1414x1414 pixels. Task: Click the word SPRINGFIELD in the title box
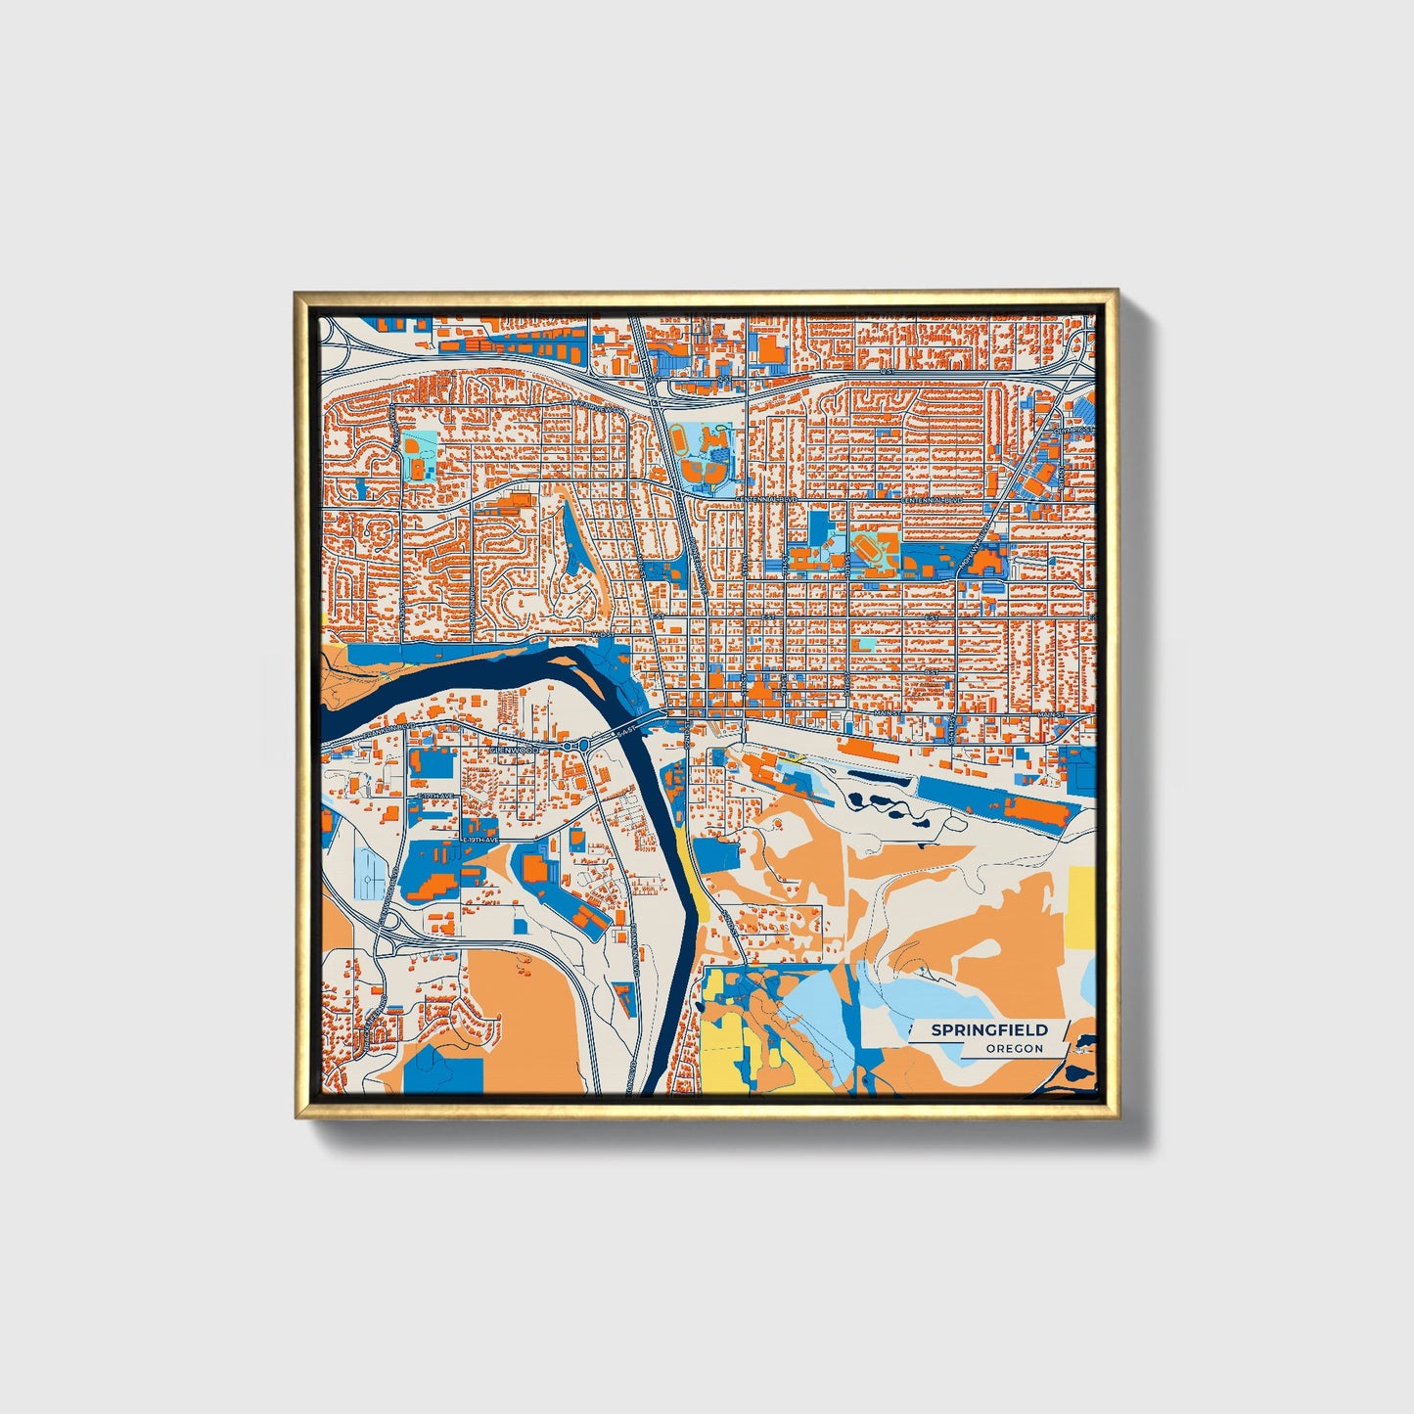pyautogui.click(x=988, y=1029)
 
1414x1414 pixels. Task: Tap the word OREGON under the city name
pyautogui.click(x=1014, y=1048)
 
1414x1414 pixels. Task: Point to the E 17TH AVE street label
pyautogui.click(x=437, y=798)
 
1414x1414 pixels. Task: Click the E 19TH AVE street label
pyautogui.click(x=479, y=840)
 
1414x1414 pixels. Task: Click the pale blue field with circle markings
pyautogui.click(x=371, y=873)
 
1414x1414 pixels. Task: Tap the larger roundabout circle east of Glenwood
pyautogui.click(x=583, y=746)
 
